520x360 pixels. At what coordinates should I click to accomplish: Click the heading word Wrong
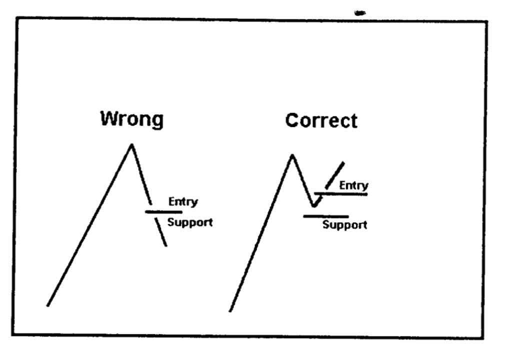(x=131, y=119)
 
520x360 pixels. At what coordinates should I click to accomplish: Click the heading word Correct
(x=321, y=121)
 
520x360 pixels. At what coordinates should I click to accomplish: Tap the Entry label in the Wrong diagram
(x=183, y=201)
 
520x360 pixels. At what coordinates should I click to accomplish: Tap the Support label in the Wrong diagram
(x=189, y=222)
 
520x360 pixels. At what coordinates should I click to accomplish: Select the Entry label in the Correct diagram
(x=353, y=185)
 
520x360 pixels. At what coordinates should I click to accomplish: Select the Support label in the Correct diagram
(x=344, y=224)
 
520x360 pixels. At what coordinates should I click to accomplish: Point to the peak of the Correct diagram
(x=292, y=155)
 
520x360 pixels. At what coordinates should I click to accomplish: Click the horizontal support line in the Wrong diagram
(x=163, y=212)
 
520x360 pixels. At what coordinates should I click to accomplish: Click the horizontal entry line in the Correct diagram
(x=341, y=193)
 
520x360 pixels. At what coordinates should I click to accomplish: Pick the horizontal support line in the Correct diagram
(x=326, y=216)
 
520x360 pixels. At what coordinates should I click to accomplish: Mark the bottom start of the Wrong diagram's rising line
(x=47, y=305)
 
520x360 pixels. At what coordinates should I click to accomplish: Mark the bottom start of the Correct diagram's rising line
(x=230, y=311)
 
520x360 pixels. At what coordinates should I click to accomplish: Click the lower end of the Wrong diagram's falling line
(x=166, y=245)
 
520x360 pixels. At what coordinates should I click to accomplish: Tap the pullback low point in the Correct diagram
(x=313, y=205)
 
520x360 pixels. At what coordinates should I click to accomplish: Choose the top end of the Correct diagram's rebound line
(x=343, y=162)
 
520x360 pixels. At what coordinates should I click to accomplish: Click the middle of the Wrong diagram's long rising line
(x=89, y=225)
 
